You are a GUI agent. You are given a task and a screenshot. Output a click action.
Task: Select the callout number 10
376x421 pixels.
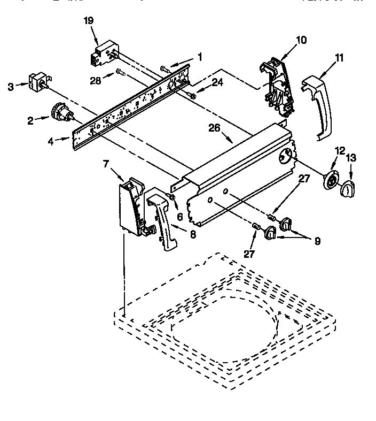click(301, 40)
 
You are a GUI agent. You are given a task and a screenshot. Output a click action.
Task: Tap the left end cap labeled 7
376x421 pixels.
click(131, 206)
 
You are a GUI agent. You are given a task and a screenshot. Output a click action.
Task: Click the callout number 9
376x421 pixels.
click(317, 241)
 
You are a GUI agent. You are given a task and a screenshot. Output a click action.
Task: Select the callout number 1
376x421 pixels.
click(200, 56)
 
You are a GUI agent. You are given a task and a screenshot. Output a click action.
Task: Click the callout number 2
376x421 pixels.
click(30, 120)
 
